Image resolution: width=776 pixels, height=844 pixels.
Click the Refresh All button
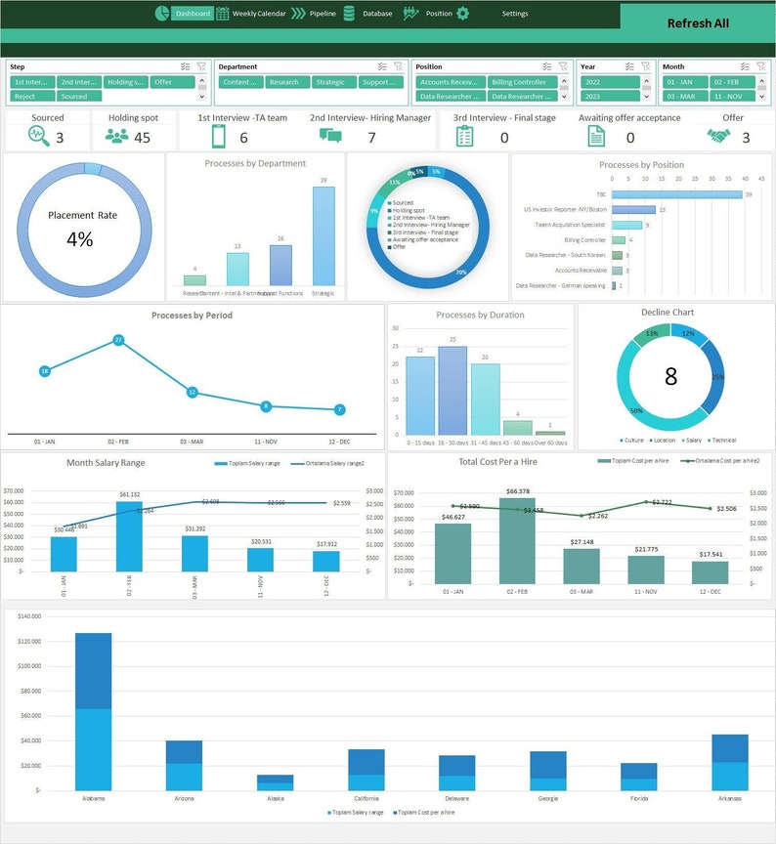click(698, 23)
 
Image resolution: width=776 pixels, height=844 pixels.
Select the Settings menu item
click(515, 14)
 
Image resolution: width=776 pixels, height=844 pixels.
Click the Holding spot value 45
click(142, 138)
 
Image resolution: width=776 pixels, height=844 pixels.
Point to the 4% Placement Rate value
click(80, 239)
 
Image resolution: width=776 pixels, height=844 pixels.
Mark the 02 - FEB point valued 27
click(118, 340)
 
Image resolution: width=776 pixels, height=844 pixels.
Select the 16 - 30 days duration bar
click(453, 391)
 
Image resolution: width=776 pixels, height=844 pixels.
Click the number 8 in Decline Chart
click(670, 376)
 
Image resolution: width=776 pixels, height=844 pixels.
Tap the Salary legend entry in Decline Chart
click(694, 441)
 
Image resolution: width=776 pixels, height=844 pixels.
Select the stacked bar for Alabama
click(94, 711)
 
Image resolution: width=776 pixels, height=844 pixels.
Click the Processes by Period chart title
click(193, 316)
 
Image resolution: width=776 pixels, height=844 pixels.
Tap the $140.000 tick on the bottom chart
click(28, 616)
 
